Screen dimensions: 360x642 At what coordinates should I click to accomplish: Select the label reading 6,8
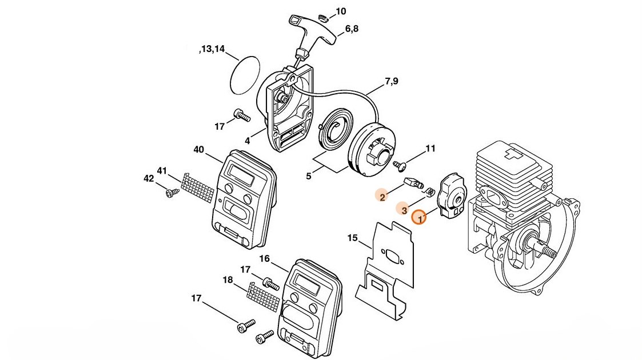(x=352, y=29)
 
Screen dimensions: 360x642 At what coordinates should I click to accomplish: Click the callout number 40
(x=198, y=150)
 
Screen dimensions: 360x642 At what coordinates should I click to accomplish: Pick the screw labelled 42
(x=169, y=194)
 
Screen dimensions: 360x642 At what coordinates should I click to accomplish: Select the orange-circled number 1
(x=419, y=218)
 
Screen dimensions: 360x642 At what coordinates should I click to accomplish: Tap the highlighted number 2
(x=382, y=197)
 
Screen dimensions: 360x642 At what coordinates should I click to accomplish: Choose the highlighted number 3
(x=404, y=210)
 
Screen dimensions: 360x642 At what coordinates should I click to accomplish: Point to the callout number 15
(x=352, y=238)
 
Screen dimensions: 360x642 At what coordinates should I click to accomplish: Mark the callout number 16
(x=264, y=258)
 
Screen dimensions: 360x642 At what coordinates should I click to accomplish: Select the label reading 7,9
(x=392, y=82)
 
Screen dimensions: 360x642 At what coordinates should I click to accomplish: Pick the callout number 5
(x=309, y=176)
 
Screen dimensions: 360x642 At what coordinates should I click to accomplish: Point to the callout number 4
(x=248, y=141)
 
